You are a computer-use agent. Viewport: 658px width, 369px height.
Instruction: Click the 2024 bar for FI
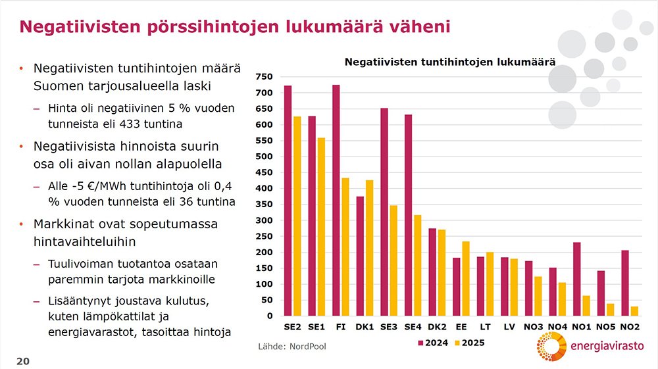[x=336, y=201]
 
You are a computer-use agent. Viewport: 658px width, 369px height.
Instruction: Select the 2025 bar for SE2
[x=297, y=216]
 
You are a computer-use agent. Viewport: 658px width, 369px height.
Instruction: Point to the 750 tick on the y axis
[x=264, y=77]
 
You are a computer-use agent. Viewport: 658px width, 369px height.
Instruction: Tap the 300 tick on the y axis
[x=264, y=220]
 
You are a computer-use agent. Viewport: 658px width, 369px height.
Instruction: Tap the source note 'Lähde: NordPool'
[x=291, y=347]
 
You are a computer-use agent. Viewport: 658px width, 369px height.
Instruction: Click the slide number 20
[x=22, y=361]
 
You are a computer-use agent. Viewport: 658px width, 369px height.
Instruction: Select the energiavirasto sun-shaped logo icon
[x=550, y=347]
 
